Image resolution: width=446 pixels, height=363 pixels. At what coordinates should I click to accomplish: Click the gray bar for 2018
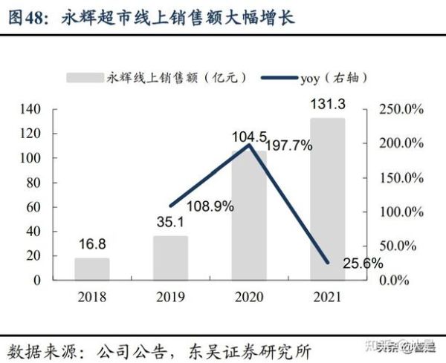[x=92, y=269]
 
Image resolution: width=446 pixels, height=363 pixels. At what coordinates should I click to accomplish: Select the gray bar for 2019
[x=170, y=258]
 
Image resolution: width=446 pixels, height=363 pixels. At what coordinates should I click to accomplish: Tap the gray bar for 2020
[x=249, y=215]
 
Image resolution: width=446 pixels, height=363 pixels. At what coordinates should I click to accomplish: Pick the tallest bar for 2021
[x=328, y=199]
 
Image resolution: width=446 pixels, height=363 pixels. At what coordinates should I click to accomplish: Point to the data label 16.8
[x=92, y=244]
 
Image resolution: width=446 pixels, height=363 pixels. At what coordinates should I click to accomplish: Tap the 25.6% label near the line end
[x=363, y=263]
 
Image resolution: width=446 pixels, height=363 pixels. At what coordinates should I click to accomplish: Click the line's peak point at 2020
[x=249, y=145]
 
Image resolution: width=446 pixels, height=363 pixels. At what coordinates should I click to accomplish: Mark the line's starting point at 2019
[x=171, y=206]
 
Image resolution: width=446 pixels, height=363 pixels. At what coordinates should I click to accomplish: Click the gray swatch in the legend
[x=85, y=76]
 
